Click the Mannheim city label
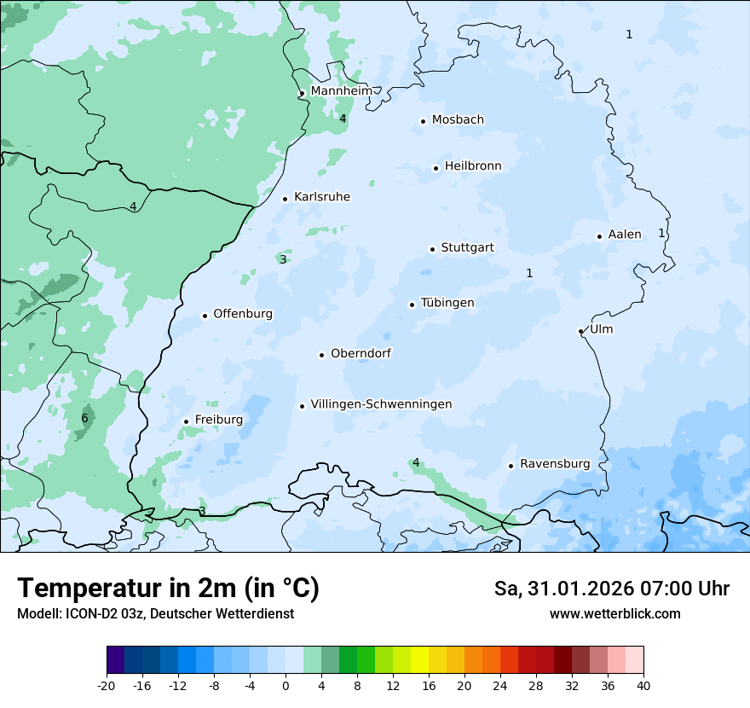(x=341, y=91)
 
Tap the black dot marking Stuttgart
(x=432, y=249)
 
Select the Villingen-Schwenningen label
(x=381, y=404)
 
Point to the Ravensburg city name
(x=555, y=464)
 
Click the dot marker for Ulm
(x=580, y=331)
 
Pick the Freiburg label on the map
(x=218, y=420)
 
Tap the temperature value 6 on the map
(x=84, y=419)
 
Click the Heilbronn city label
(x=473, y=166)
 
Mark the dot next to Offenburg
(x=205, y=316)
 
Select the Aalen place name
(x=624, y=235)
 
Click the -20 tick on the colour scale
(x=107, y=686)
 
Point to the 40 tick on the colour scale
(x=643, y=686)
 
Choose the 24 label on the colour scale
(x=499, y=686)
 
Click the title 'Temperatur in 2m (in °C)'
(x=168, y=589)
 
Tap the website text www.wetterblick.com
(x=614, y=614)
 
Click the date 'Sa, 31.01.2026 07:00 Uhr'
(x=611, y=589)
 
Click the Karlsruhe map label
(x=321, y=197)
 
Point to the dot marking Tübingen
(x=412, y=305)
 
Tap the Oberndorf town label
(x=361, y=353)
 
